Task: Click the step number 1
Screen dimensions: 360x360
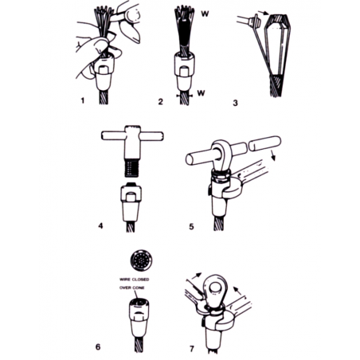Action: click(83, 100)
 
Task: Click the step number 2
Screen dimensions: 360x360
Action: click(160, 101)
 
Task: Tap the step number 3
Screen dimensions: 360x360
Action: click(235, 103)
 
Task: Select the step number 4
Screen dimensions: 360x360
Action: click(100, 226)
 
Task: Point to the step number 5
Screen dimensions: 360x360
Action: click(191, 227)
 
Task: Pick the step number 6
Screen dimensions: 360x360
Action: click(98, 346)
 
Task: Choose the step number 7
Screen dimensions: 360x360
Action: click(192, 349)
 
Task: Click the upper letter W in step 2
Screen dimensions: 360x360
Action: click(205, 14)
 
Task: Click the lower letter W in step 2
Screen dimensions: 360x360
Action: click(202, 93)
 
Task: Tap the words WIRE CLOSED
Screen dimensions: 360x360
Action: click(135, 280)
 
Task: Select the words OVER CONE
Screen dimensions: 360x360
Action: click(132, 288)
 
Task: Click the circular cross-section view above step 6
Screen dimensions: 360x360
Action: click(142, 260)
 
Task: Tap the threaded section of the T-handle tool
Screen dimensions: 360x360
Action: click(131, 167)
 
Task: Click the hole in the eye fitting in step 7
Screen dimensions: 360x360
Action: click(214, 288)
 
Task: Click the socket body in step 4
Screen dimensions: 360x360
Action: click(131, 203)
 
